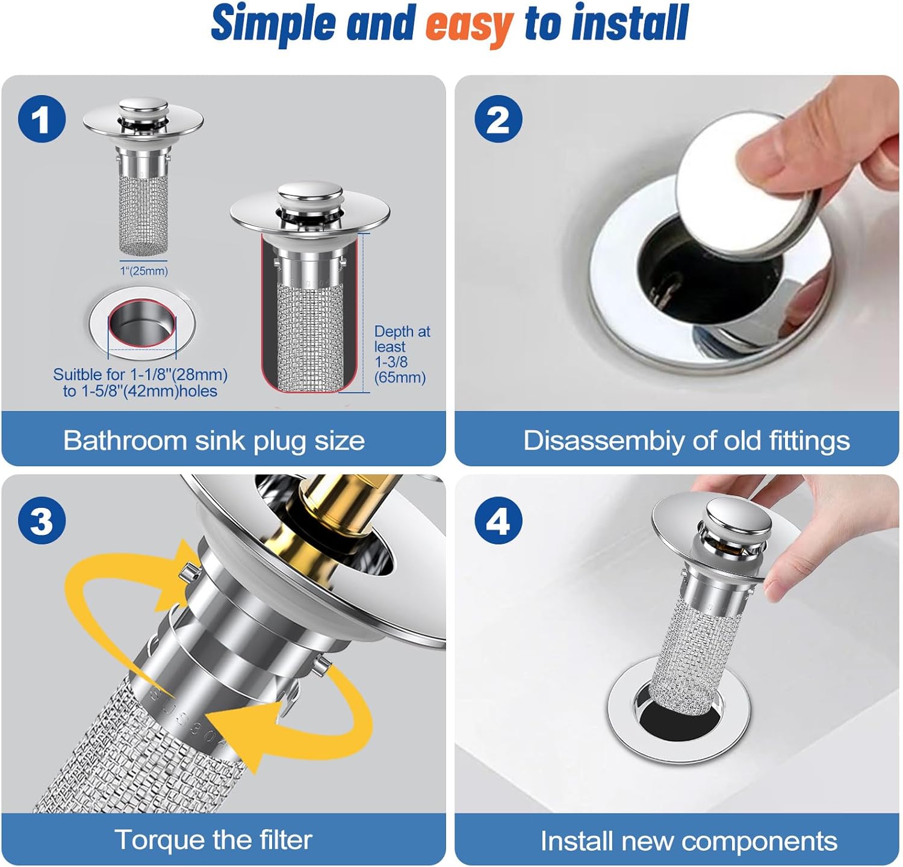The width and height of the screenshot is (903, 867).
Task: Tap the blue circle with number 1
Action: (x=42, y=119)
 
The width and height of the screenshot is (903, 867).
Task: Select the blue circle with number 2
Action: (x=498, y=119)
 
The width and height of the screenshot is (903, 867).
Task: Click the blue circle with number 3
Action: (x=42, y=520)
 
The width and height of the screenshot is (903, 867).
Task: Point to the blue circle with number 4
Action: (x=498, y=520)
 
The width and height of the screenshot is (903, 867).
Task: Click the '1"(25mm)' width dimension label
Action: (x=144, y=271)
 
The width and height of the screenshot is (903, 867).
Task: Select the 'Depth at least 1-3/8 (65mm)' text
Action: (x=401, y=354)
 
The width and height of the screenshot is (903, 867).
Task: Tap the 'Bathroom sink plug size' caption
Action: (x=214, y=440)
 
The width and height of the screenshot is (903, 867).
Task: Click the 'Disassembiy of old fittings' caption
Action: (x=686, y=440)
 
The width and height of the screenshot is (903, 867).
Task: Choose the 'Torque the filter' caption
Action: (x=214, y=840)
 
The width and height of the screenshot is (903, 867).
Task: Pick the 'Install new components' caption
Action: (x=688, y=841)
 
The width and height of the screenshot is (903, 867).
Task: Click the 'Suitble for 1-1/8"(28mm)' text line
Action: (x=140, y=374)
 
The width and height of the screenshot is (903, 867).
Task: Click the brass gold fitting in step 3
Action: (x=337, y=505)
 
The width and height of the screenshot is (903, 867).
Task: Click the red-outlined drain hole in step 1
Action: (x=141, y=326)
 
